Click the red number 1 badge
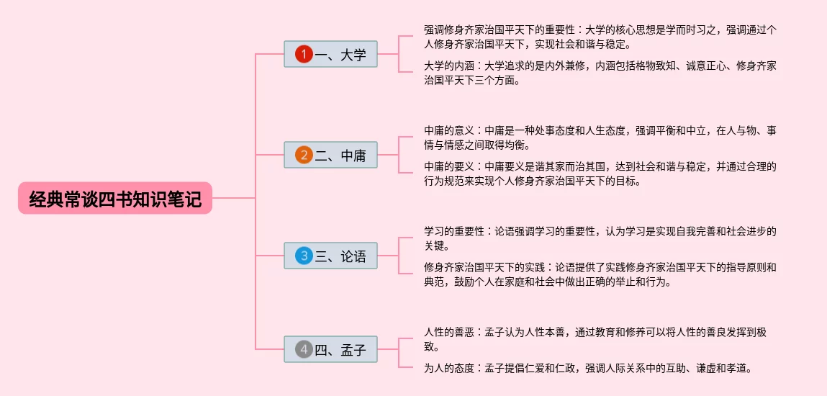[x=304, y=54]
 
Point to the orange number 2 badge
[x=304, y=155]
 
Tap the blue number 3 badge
[x=304, y=256]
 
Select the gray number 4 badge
[x=304, y=350]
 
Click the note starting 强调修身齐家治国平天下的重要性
[x=600, y=37]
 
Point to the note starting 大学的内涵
[x=600, y=73]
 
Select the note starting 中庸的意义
[x=600, y=138]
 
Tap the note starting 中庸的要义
[x=600, y=174]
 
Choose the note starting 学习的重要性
[x=600, y=238]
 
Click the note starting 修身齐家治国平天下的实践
[x=600, y=274]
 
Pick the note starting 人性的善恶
[x=600, y=338]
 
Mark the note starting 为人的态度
[x=588, y=368]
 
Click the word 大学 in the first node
[x=353, y=54]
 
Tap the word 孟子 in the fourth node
[x=353, y=351]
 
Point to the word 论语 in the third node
[x=353, y=256]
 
